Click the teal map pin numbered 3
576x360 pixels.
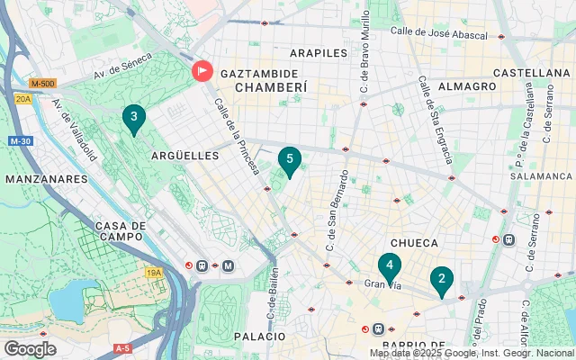(134, 119)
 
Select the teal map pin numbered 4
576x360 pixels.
(389, 266)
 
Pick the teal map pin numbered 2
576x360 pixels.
(441, 281)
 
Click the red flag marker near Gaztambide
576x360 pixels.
(202, 70)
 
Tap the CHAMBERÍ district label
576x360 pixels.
(271, 87)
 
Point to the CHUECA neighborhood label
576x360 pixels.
(414, 243)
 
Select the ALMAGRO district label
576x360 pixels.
(467, 86)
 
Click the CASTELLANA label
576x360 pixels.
(532, 72)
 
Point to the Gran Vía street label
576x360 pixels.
(381, 284)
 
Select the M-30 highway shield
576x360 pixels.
(21, 141)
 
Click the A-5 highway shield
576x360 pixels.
(122, 347)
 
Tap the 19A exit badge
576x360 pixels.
(153, 272)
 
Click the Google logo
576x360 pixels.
(30, 348)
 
